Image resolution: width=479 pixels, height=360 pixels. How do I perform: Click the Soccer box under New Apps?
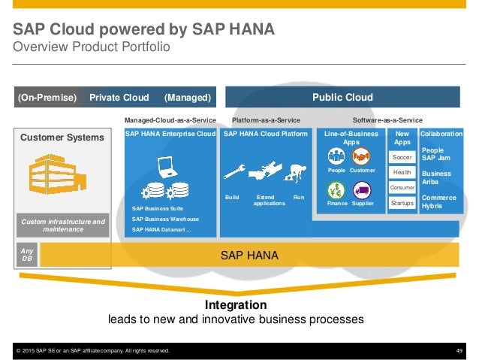point(403,157)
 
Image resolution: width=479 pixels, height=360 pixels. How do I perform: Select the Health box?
point(403,173)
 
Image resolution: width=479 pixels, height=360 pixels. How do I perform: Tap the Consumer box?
point(403,188)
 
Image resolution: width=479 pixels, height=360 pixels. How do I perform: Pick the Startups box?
point(403,203)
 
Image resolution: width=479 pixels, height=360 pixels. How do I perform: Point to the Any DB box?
point(27,256)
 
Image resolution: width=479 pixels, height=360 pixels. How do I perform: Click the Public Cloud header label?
point(342,97)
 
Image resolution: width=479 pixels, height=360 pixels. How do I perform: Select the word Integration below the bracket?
point(236,305)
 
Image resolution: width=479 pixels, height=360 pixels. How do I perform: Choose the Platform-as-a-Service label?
point(266,120)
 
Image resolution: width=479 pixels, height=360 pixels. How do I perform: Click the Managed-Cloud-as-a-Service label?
point(170,120)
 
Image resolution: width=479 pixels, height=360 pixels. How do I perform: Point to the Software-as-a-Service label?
point(387,120)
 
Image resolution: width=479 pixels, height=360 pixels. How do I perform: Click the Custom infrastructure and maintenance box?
point(63,225)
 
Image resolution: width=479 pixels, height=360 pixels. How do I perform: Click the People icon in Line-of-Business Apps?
point(336,156)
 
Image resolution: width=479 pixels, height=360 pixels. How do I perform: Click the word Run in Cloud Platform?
point(299,197)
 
